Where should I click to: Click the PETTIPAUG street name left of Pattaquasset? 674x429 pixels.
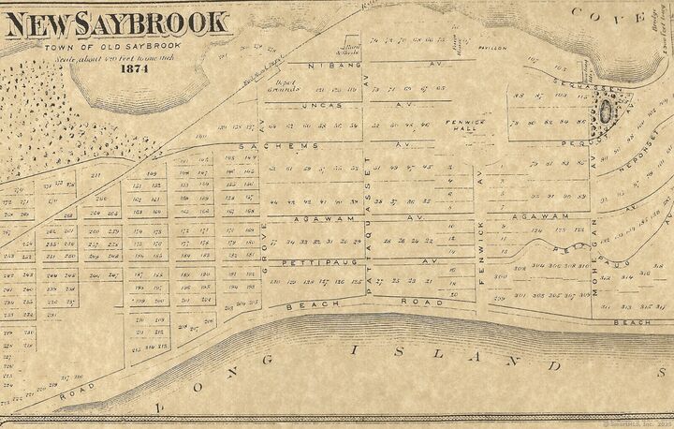click(x=307, y=261)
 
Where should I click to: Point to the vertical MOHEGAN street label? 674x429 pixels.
click(x=593, y=272)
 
